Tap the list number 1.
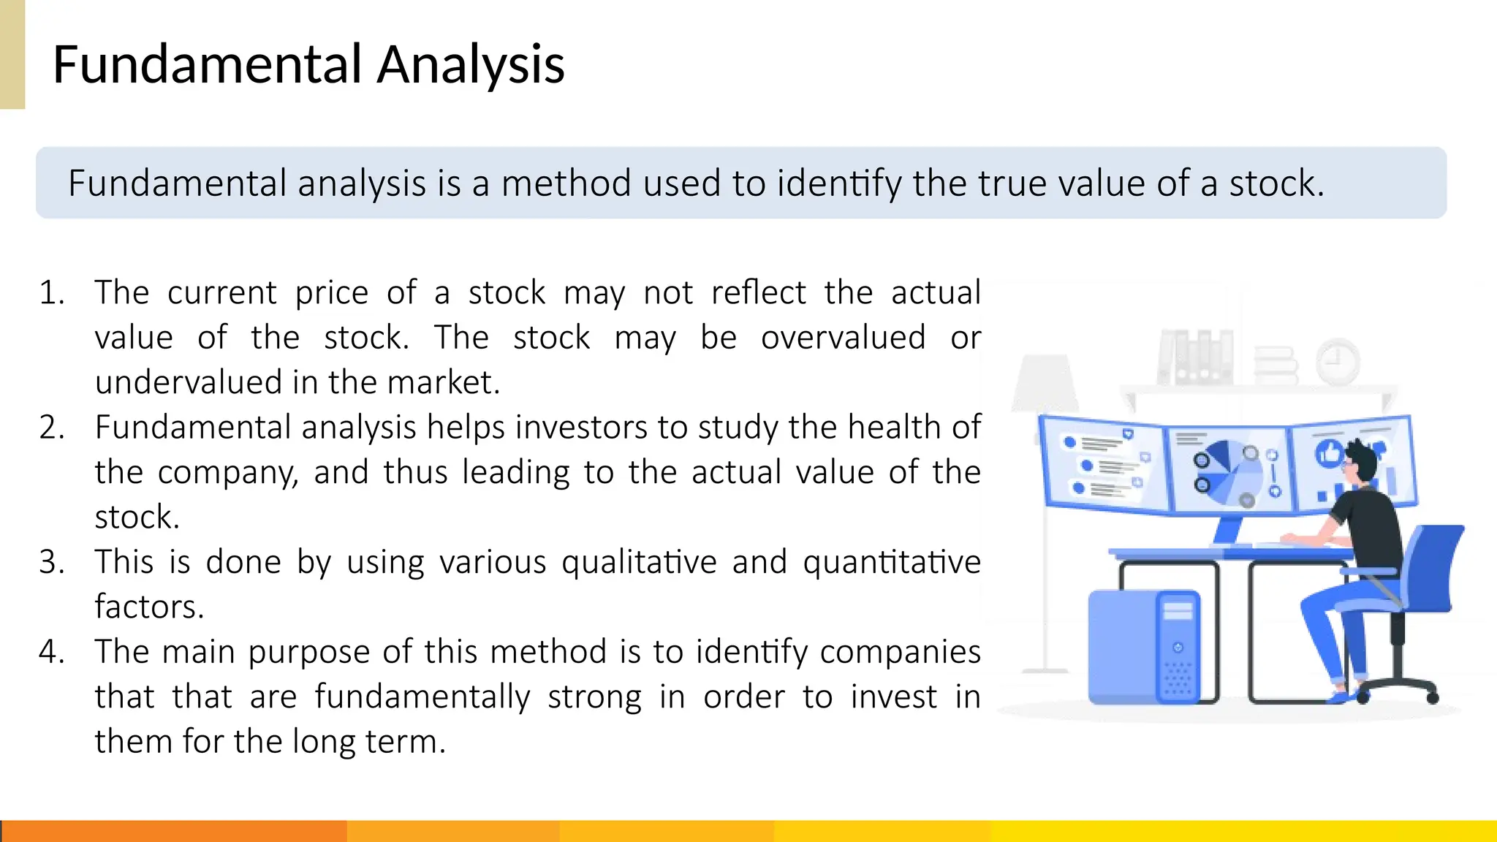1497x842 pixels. [51, 293]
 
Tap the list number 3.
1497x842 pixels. [51, 562]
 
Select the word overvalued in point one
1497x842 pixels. [843, 338]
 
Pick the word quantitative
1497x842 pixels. [891, 562]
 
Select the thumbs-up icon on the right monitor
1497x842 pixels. [1329, 454]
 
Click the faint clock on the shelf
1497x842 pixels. [1337, 362]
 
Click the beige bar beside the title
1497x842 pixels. [12, 54]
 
